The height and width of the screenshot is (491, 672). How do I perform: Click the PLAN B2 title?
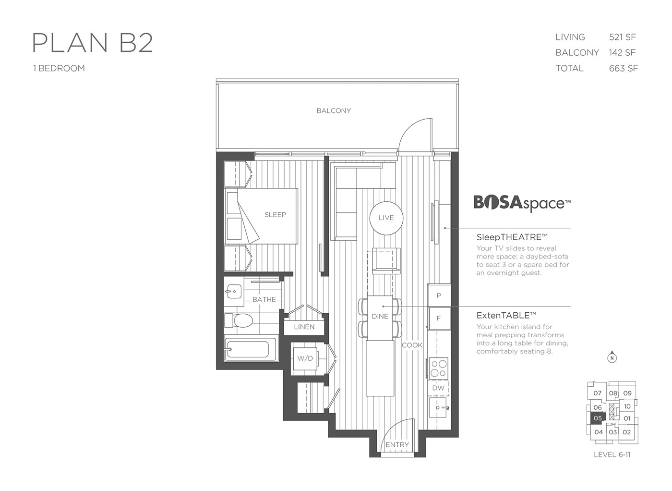pyautogui.click(x=92, y=43)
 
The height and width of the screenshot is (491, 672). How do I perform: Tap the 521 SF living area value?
pyautogui.click(x=622, y=37)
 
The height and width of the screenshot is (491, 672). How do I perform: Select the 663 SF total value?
pyautogui.click(x=623, y=69)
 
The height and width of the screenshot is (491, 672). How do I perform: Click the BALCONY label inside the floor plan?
pyautogui.click(x=334, y=110)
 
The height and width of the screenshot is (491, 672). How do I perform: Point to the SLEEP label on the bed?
pyautogui.click(x=275, y=214)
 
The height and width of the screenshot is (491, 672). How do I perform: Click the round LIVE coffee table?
pyautogui.click(x=386, y=218)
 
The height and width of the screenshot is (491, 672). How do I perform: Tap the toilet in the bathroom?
pyautogui.click(x=239, y=320)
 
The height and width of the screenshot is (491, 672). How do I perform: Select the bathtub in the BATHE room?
pyautogui.click(x=247, y=349)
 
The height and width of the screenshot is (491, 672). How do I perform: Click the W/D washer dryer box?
pyautogui.click(x=305, y=358)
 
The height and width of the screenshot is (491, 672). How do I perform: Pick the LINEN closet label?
pyautogui.click(x=304, y=327)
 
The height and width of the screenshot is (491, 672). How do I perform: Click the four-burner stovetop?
pyautogui.click(x=438, y=368)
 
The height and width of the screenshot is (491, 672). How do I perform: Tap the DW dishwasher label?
pyautogui.click(x=438, y=388)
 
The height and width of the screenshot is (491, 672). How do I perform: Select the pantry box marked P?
pyautogui.click(x=439, y=295)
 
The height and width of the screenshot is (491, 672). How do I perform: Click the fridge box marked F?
pyautogui.click(x=439, y=319)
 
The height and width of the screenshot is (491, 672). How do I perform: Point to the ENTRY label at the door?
pyautogui.click(x=397, y=444)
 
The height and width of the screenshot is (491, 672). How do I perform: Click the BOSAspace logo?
pyautogui.click(x=522, y=203)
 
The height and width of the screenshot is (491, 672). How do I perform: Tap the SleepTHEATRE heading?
pyautogui.click(x=512, y=237)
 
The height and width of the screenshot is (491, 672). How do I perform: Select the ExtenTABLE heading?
pyautogui.click(x=506, y=315)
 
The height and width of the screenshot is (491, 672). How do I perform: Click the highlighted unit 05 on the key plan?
pyautogui.click(x=597, y=418)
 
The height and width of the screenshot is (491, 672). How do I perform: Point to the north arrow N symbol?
pyautogui.click(x=612, y=357)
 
